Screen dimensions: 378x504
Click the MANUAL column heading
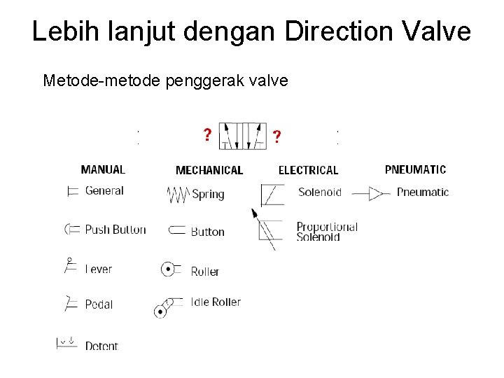click(103, 169)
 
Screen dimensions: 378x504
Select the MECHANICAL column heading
click(209, 170)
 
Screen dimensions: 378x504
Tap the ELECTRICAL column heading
click(308, 170)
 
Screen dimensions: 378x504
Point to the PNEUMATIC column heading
click(415, 169)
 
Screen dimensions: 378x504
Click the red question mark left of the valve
click(207, 134)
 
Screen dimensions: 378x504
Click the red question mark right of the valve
click(278, 136)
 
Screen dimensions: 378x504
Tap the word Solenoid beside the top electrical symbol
click(319, 192)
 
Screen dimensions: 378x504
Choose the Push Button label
click(115, 230)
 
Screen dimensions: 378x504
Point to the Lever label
click(99, 269)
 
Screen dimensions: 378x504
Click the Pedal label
click(99, 304)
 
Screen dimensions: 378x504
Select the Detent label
click(101, 346)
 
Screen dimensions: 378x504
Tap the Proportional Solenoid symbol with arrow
click(266, 228)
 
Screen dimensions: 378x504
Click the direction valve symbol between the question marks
click(241, 135)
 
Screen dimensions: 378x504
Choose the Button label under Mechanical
click(207, 232)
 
